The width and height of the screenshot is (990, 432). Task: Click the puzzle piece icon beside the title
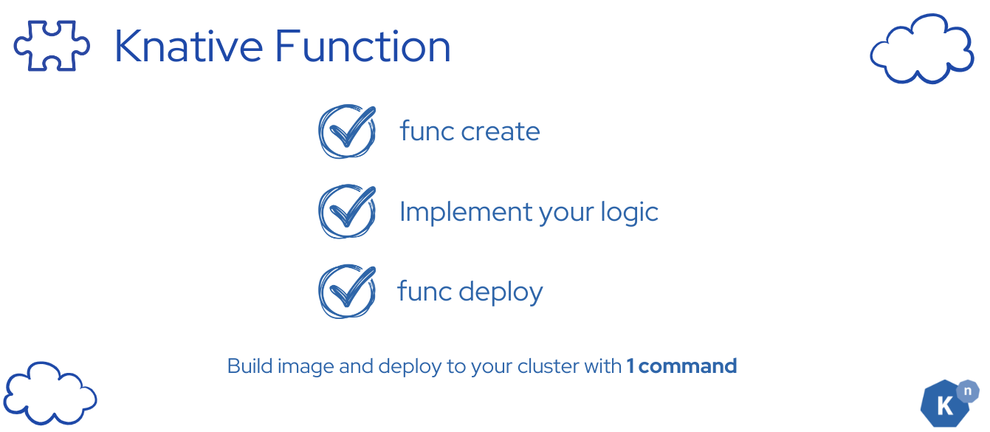pos(52,45)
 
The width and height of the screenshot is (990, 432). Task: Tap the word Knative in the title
pos(188,46)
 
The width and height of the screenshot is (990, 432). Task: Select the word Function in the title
pos(362,46)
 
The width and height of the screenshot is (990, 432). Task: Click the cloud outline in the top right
pos(921,49)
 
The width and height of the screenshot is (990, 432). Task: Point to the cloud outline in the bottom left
pos(50,393)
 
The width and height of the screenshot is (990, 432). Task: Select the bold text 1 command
pos(681,366)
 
